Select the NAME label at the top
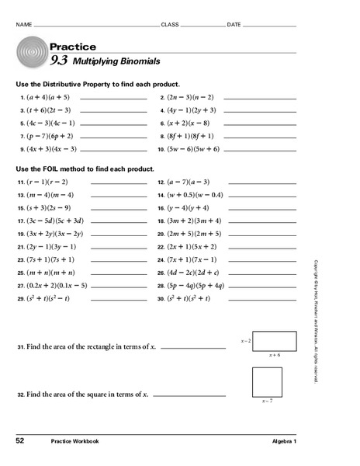pyautogui.click(x=24, y=25)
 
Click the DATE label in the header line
pyautogui.click(x=234, y=25)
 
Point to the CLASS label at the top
pyautogui.click(x=169, y=25)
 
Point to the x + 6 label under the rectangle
pyautogui.click(x=275, y=354)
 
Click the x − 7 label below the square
pyautogui.click(x=267, y=401)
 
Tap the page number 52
pyautogui.click(x=20, y=440)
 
